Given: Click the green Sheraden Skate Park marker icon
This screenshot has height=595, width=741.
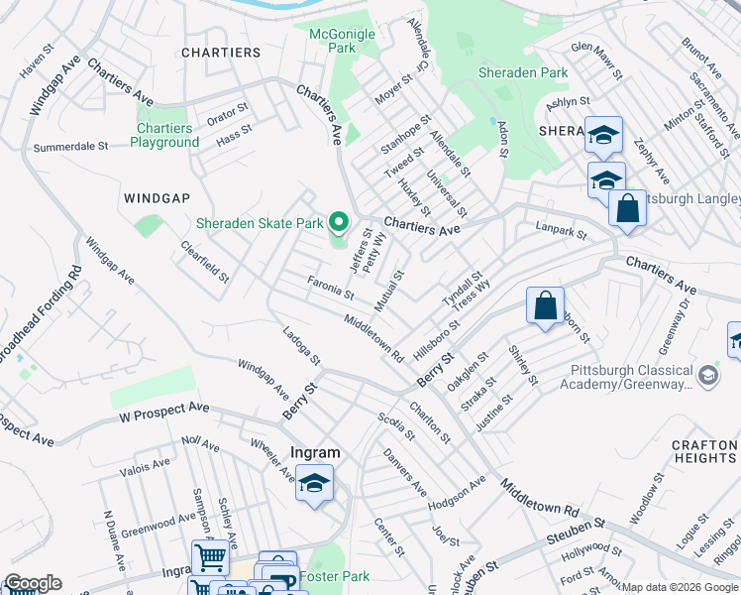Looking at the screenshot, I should pos(339,223).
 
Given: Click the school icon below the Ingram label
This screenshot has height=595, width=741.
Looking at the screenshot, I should pos(314,483).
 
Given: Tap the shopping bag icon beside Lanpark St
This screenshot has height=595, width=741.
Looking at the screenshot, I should pos(627,209).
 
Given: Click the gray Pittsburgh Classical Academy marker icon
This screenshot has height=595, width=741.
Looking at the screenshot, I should pos(708,376).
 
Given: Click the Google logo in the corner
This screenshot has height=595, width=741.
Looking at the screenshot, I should pos(32,583).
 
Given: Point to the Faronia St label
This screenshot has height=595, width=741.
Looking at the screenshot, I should pos(330,289).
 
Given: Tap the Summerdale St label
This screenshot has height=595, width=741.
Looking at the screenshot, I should pos(70,147).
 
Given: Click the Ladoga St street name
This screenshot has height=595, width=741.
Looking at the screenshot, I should pos(301,346).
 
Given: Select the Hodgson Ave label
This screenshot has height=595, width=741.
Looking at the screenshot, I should pos(457,493).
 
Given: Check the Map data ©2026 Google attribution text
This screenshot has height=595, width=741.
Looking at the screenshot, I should pos(680,587).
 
